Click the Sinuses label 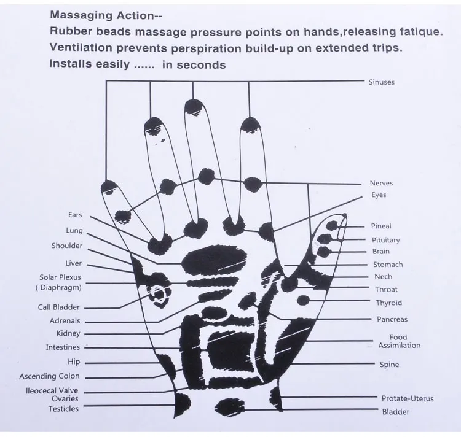[381, 82]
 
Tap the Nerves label [381, 183]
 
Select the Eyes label [379, 195]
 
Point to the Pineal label [381, 226]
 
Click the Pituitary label [385, 240]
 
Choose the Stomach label [388, 265]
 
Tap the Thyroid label [388, 303]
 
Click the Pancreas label [392, 319]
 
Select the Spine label [389, 365]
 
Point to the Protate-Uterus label [407, 398]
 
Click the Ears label [75, 215]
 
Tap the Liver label [74, 263]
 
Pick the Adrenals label [65, 321]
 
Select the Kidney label [68, 333]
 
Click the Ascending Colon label [49, 376]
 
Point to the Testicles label [64, 409]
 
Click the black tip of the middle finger [194, 107]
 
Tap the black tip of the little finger [109, 186]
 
